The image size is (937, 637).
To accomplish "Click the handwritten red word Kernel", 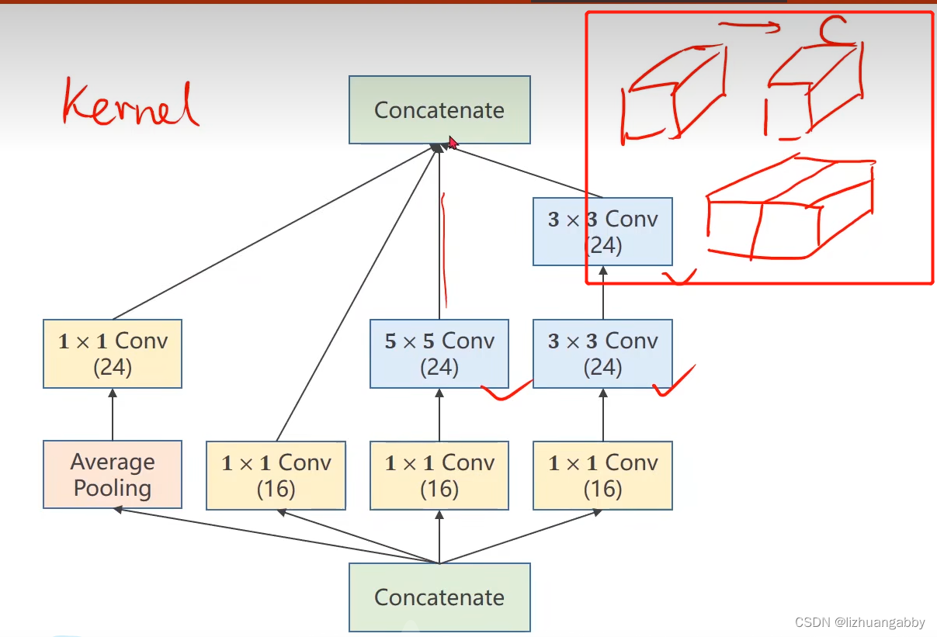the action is click(130, 102).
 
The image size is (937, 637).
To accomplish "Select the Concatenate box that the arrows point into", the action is click(439, 109).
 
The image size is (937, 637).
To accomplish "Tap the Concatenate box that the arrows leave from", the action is click(439, 597).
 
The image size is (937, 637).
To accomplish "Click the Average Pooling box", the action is click(113, 475).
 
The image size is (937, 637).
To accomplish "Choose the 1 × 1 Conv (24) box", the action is click(113, 353).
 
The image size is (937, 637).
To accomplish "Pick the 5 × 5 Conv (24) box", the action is click(439, 353).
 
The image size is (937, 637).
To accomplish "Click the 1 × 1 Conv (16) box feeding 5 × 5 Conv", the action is click(439, 475).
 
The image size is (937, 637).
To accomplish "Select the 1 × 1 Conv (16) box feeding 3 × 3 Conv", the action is click(602, 475).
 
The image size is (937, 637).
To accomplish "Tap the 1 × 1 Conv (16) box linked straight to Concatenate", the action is click(276, 475).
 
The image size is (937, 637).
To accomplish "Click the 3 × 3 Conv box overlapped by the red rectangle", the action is click(602, 231).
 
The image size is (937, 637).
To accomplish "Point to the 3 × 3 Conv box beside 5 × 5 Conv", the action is click(602, 353).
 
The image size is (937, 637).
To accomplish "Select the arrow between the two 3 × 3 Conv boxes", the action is click(602, 293).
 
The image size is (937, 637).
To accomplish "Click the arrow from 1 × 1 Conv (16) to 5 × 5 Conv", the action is click(439, 414).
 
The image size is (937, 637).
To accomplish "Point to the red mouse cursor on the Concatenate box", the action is click(453, 143).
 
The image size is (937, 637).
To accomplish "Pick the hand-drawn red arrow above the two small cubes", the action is click(750, 28).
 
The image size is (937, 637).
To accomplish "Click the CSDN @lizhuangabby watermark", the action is click(860, 622).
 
